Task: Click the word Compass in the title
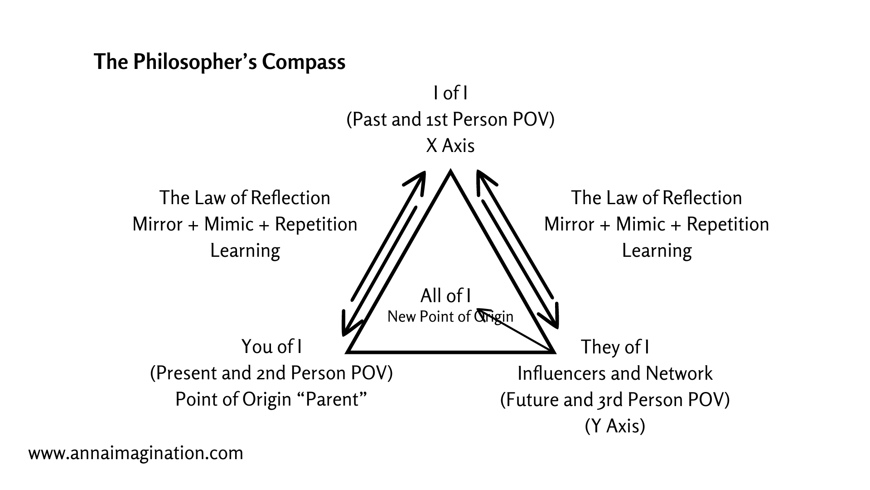tap(303, 62)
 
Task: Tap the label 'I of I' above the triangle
tap(450, 93)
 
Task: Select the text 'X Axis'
tap(450, 146)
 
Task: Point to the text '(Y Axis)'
tap(615, 426)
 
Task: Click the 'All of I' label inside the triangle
tap(445, 296)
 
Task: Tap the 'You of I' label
tap(271, 347)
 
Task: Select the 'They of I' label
tap(615, 347)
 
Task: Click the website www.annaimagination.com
tap(135, 453)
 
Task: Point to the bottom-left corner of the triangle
tap(348, 352)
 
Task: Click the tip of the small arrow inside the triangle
tap(477, 309)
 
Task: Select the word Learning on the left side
tap(245, 250)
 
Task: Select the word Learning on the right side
tap(657, 250)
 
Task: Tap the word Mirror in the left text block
tap(157, 224)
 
